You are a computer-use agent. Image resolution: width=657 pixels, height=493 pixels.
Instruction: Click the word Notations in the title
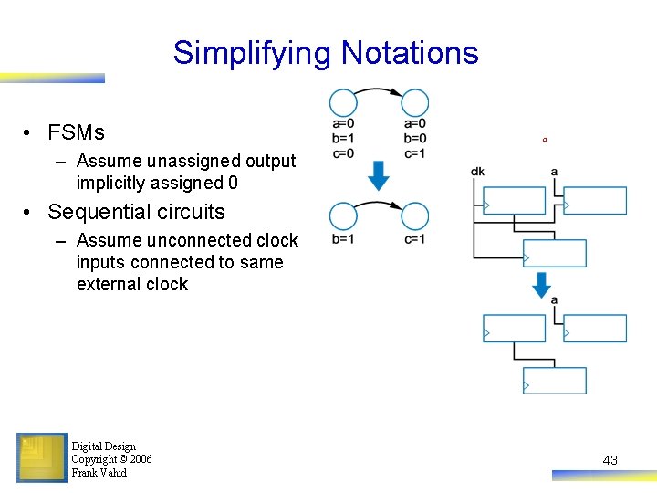410,53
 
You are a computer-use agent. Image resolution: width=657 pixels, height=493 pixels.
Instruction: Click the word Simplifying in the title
253,53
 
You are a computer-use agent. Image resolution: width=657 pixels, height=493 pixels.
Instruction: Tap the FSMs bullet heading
76,132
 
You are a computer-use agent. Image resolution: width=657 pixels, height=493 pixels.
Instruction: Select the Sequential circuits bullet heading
136,212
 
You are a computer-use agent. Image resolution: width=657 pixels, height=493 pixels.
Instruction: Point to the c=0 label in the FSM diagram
343,153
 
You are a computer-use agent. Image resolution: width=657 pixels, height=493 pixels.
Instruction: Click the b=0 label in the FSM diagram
414,139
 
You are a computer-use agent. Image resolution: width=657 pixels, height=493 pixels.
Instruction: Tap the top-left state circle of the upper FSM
343,103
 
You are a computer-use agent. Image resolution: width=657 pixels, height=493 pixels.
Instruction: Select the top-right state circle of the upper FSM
415,103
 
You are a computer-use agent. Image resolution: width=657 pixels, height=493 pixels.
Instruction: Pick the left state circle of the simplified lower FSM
343,217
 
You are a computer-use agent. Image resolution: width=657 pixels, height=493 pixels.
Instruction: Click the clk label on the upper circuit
477,172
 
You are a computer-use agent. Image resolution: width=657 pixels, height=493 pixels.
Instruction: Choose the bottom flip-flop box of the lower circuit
555,381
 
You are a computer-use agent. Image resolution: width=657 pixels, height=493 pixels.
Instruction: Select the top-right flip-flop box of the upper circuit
595,200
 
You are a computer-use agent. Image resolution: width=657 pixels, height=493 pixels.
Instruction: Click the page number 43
610,460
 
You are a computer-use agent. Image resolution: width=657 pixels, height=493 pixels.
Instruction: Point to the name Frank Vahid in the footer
99,473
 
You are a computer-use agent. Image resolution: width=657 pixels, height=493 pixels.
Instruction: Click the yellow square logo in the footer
41,457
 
